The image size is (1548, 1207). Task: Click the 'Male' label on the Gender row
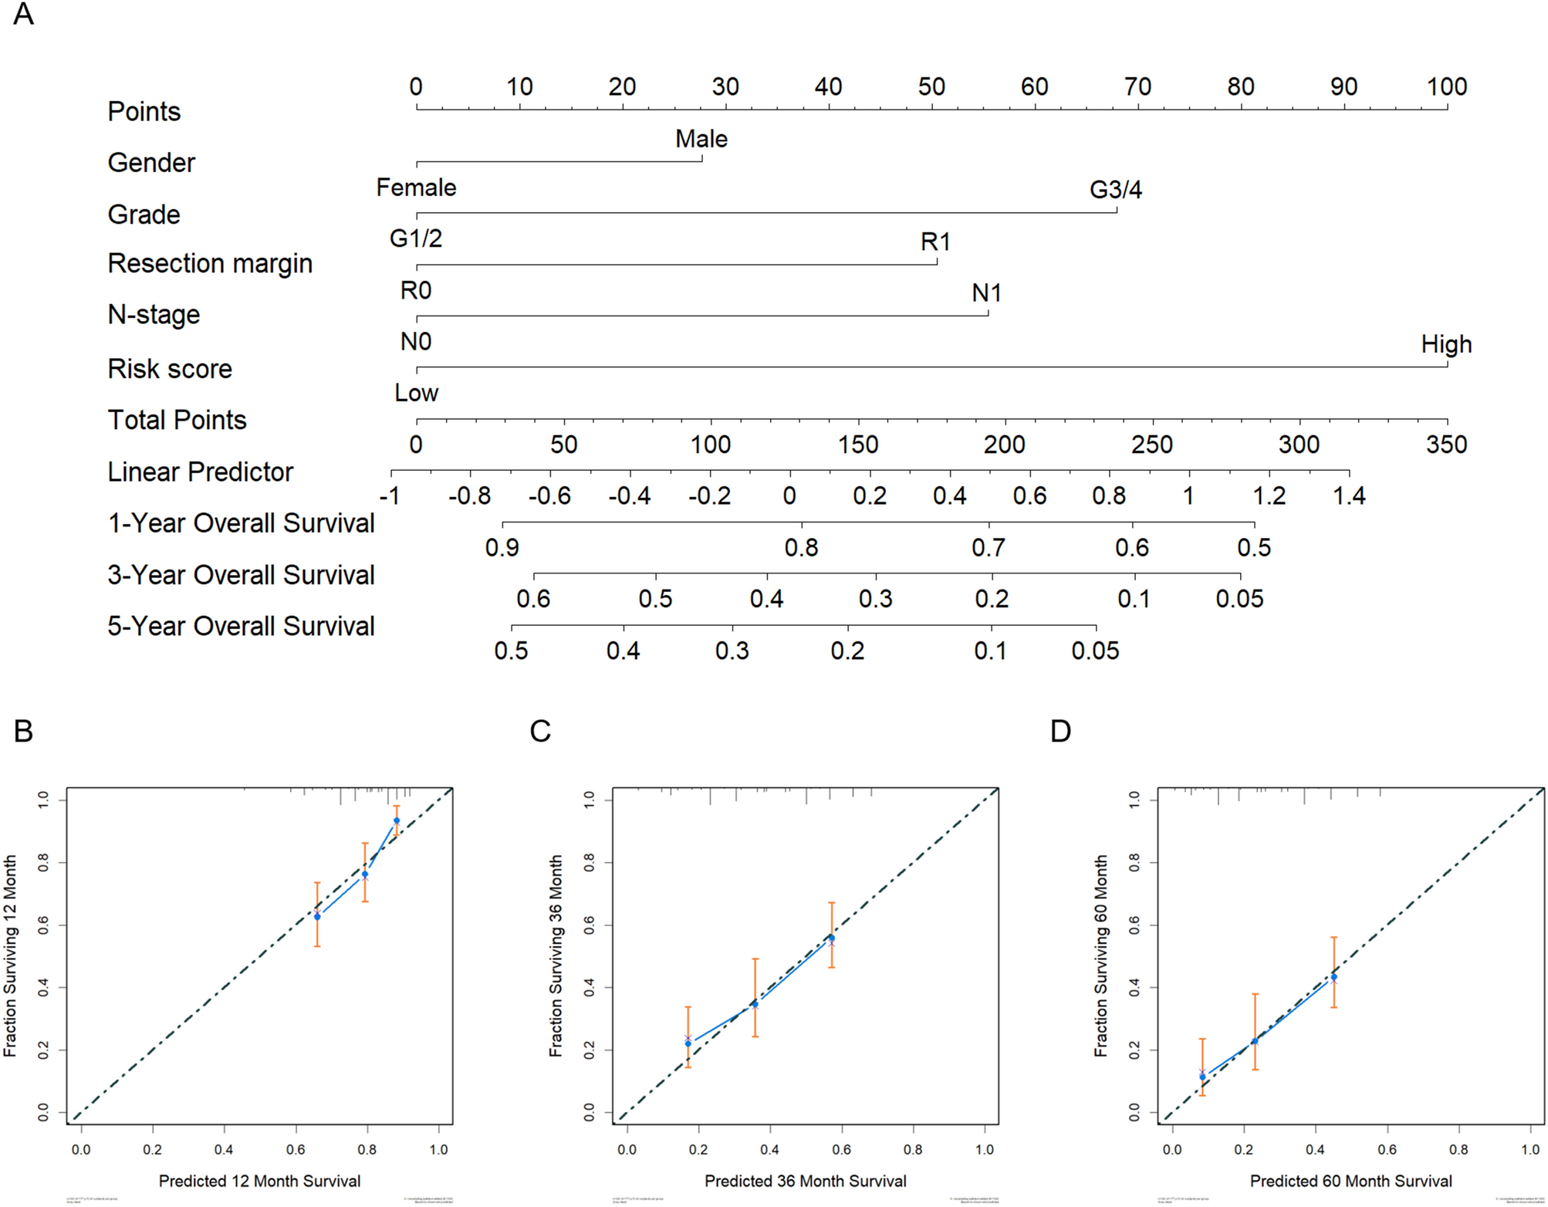(701, 139)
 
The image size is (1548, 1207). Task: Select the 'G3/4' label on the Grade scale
(1115, 190)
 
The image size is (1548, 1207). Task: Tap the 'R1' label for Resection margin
(935, 242)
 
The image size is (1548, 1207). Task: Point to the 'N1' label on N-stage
(986, 293)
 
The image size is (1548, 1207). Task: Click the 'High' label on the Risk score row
(1446, 344)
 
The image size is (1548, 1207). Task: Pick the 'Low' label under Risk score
(416, 394)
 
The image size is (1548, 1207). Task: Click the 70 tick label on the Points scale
(1137, 87)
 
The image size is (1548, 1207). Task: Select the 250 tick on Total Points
(1152, 445)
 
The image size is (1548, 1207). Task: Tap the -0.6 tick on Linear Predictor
(549, 495)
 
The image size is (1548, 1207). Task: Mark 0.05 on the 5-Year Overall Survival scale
(1095, 651)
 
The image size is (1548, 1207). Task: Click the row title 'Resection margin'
(210, 264)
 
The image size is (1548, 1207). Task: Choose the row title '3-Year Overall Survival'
(241, 576)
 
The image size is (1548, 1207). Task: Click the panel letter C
(540, 731)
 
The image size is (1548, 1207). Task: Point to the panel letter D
(1060, 731)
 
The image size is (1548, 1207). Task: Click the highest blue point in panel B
(397, 820)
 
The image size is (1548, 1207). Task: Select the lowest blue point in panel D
(1202, 1077)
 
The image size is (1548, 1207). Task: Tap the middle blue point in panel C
(755, 1004)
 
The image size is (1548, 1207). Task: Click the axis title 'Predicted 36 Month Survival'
(805, 1181)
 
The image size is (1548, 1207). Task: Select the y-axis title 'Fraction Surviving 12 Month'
(10, 955)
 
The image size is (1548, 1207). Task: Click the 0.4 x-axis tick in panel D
(1315, 1150)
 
